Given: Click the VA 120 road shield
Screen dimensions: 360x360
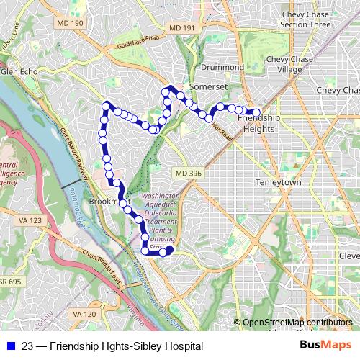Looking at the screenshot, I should tap(84, 314).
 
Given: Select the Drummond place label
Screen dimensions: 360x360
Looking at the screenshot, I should tap(222, 67).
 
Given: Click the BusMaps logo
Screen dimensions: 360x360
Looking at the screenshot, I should tap(324, 346).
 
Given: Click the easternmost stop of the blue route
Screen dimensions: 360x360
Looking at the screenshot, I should tap(256, 112).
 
